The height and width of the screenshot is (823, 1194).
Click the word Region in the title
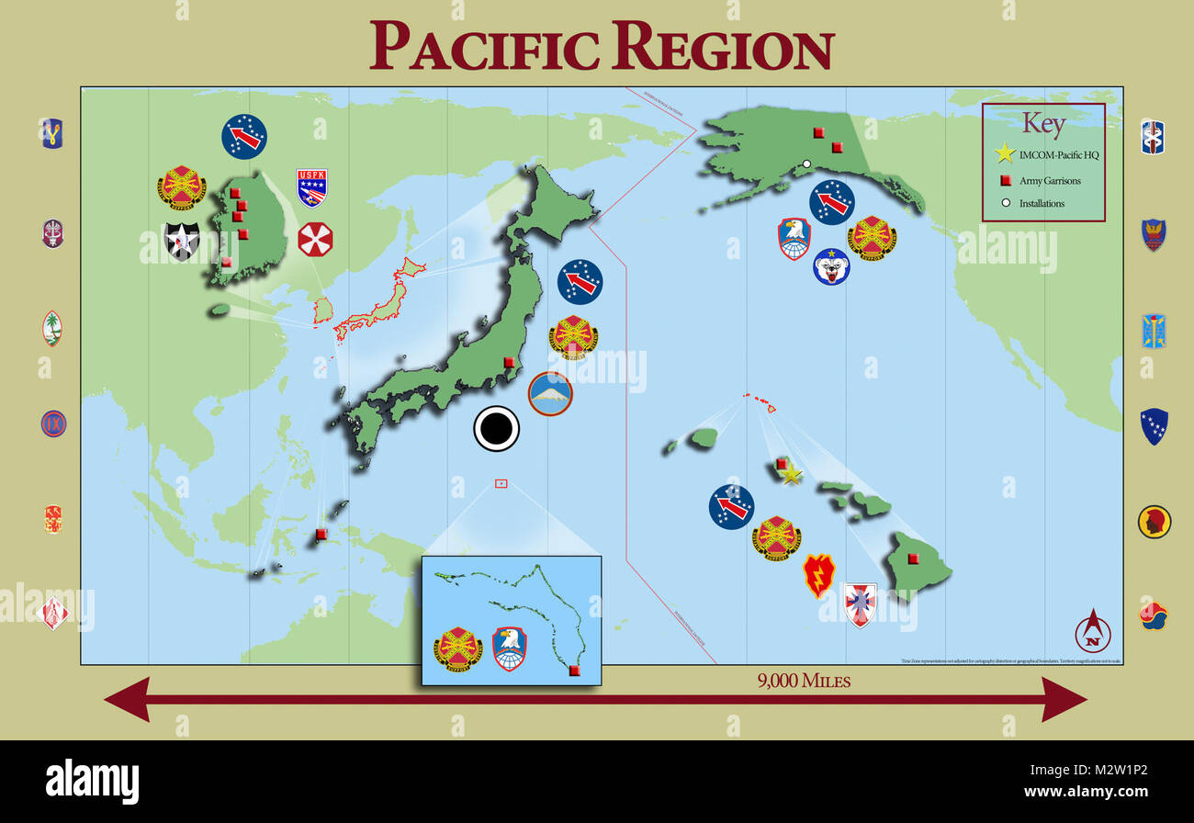(723, 46)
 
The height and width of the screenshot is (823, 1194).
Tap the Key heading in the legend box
(1043, 124)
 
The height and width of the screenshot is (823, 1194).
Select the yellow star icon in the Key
(1005, 154)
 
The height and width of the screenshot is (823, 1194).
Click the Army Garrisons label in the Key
(1050, 180)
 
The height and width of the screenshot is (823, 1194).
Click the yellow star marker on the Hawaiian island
(791, 474)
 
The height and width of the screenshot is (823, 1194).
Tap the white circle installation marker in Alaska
(806, 164)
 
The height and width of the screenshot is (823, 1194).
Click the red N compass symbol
(1093, 632)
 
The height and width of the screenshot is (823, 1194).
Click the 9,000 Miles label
(804, 681)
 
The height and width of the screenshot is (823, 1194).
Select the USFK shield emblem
(312, 186)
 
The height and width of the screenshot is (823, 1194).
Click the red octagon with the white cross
(315, 239)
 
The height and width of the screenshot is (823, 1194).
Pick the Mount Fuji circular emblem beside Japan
(550, 393)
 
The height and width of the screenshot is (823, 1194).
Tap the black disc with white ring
(497, 429)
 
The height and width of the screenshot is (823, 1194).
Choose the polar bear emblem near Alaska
(831, 266)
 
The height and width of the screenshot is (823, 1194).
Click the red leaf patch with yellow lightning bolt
(818, 575)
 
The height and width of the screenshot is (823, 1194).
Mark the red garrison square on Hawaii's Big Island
(913, 558)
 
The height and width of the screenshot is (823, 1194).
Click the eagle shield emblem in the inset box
(510, 648)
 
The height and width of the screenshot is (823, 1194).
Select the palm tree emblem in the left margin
(52, 328)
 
